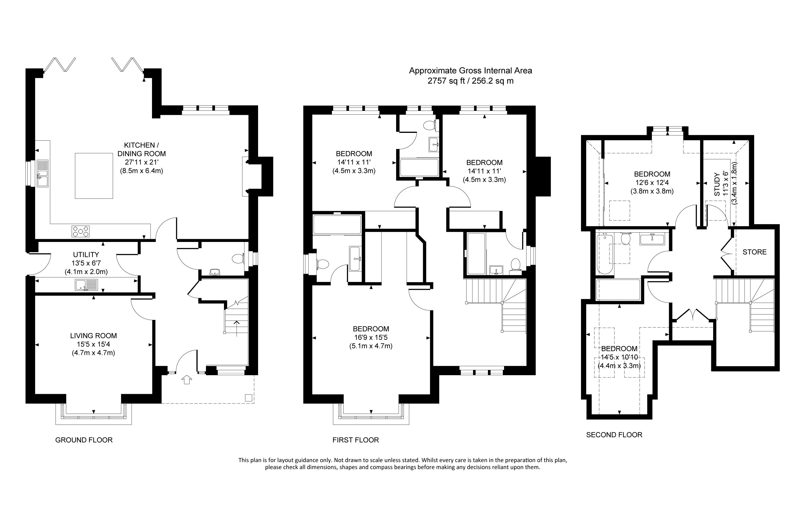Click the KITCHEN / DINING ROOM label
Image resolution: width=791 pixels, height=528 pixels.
pyautogui.click(x=141, y=149)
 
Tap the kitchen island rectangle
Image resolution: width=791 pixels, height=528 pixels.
pyautogui.click(x=94, y=176)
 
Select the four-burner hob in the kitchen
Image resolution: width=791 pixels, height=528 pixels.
pyautogui.click(x=81, y=231)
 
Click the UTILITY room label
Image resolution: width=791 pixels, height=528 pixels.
pyautogui.click(x=86, y=255)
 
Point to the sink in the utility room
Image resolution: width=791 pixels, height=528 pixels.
pyautogui.click(x=87, y=285)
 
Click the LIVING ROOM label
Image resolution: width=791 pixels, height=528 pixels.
pyautogui.click(x=93, y=336)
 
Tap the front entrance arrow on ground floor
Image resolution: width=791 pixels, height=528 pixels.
pyautogui.click(x=187, y=380)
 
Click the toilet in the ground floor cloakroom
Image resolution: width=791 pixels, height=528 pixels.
pyautogui.click(x=239, y=259)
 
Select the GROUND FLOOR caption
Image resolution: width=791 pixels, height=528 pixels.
pyautogui.click(x=84, y=440)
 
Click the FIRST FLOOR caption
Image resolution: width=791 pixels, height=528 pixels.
pyautogui.click(x=355, y=440)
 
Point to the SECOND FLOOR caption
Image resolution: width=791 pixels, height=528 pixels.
pyautogui.click(x=614, y=435)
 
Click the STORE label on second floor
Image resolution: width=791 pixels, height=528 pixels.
pyautogui.click(x=755, y=252)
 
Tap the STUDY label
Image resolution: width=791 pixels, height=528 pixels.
pyautogui.click(x=717, y=184)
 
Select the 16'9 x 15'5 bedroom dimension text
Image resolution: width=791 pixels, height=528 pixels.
pyautogui.click(x=371, y=337)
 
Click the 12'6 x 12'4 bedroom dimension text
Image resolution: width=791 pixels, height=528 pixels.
pyautogui.click(x=652, y=183)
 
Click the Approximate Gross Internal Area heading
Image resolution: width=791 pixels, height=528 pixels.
pyautogui.click(x=471, y=71)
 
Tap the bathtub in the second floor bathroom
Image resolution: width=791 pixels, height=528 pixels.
pyautogui.click(x=605, y=254)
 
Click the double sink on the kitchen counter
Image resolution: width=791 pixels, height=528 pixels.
pyautogui.click(x=43, y=174)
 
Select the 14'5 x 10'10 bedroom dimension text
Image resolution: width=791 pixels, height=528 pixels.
pyautogui.click(x=619, y=357)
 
